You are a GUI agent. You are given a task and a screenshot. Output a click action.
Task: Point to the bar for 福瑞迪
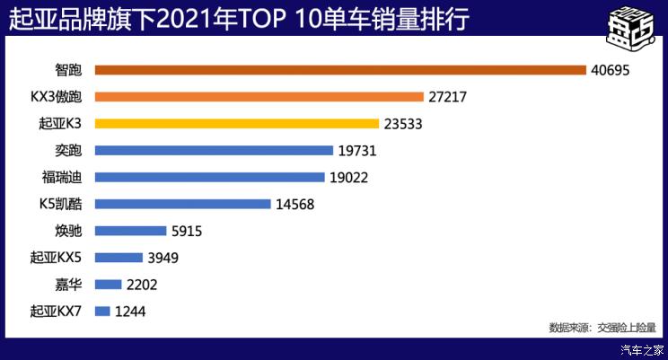click(209, 177)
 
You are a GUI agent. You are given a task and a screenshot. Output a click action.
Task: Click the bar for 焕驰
click(130, 231)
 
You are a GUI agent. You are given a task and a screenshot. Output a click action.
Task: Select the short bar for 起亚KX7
click(101, 312)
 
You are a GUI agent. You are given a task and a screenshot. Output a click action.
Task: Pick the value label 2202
click(142, 285)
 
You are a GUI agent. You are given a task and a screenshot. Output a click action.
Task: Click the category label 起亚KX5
click(56, 258)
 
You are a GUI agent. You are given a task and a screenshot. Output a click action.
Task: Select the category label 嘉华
click(68, 285)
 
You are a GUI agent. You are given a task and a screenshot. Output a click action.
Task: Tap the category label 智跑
click(68, 70)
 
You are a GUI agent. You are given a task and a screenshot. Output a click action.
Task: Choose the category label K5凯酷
click(60, 204)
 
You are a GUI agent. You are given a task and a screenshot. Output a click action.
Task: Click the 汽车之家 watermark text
click(643, 349)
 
